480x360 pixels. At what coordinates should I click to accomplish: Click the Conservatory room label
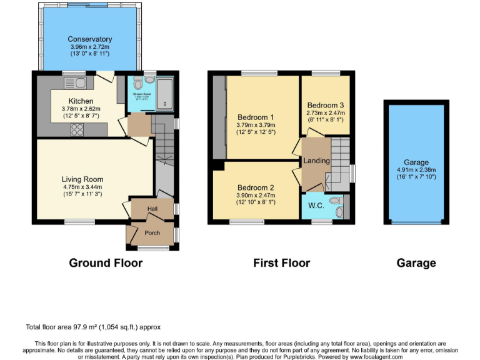pyautogui.click(x=91, y=39)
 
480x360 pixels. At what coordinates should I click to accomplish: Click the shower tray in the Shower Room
pyautogui.click(x=164, y=95)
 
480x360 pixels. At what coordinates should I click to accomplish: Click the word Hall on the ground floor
pyautogui.click(x=152, y=209)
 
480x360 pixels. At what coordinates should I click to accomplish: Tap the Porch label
pyautogui.click(x=152, y=233)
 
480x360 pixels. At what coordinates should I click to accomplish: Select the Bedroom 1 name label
pyautogui.click(x=256, y=117)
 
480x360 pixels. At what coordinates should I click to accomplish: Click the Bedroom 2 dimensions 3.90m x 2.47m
pyautogui.click(x=256, y=196)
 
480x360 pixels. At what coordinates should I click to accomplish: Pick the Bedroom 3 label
pyautogui.click(x=325, y=104)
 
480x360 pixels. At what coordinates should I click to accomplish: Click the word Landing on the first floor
pyautogui.click(x=317, y=161)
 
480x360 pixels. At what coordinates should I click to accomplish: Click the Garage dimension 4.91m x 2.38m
pyautogui.click(x=416, y=169)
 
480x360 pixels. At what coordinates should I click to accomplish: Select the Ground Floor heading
pyautogui.click(x=106, y=262)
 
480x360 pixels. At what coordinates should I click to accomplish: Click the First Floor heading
pyautogui.click(x=281, y=262)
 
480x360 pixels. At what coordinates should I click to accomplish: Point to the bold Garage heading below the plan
pyautogui.click(x=416, y=262)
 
